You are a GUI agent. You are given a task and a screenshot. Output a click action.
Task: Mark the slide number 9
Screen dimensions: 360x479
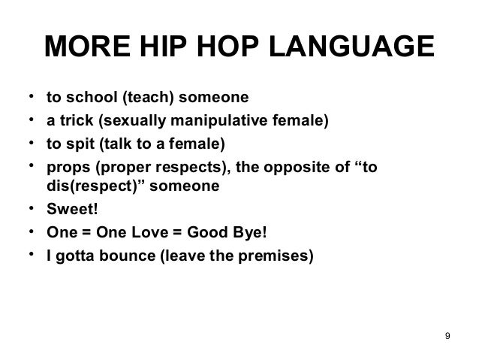point(447,334)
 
